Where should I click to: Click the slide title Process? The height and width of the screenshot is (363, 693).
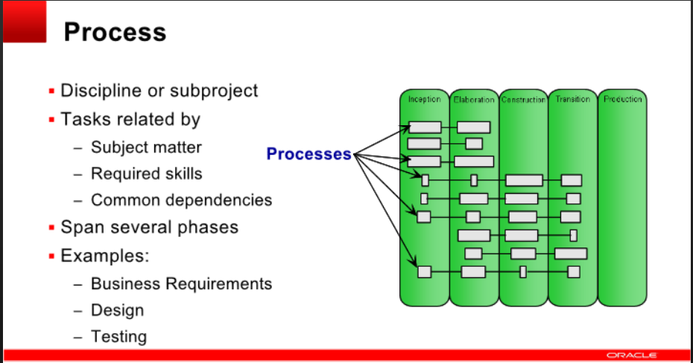[x=115, y=32]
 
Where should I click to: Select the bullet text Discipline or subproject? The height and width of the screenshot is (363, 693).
[x=159, y=91]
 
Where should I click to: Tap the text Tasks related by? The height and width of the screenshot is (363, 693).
[x=130, y=119]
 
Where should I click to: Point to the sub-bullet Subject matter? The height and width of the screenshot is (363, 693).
[x=146, y=148]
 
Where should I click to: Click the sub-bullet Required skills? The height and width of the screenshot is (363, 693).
[x=146, y=174]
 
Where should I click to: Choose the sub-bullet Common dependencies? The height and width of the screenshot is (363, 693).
[x=181, y=200]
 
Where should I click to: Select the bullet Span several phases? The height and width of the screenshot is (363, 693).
[x=149, y=227]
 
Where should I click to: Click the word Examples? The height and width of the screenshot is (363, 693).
[x=105, y=256]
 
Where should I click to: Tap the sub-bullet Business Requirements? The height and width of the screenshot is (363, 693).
[x=181, y=284]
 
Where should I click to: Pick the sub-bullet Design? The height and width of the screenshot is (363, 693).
[x=117, y=310]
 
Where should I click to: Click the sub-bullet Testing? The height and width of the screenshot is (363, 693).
[x=118, y=337]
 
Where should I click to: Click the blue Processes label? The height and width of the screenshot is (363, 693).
[x=308, y=154]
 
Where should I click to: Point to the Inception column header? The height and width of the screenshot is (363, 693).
[x=424, y=99]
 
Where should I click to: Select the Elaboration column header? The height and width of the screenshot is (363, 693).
[x=473, y=100]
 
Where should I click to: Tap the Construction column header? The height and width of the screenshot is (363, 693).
[x=523, y=100]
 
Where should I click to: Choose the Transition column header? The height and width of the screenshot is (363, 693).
[x=572, y=99]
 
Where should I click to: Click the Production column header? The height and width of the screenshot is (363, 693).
[x=622, y=99]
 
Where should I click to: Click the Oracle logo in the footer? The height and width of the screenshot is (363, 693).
[x=631, y=356]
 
